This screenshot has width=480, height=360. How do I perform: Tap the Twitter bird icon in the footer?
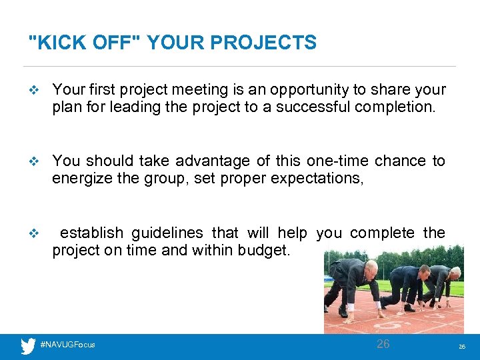click(28, 345)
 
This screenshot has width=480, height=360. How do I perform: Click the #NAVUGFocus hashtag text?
click(67, 345)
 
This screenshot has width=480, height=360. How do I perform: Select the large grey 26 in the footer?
click(383, 344)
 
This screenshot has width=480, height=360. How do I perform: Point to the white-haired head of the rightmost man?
click(455, 273)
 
